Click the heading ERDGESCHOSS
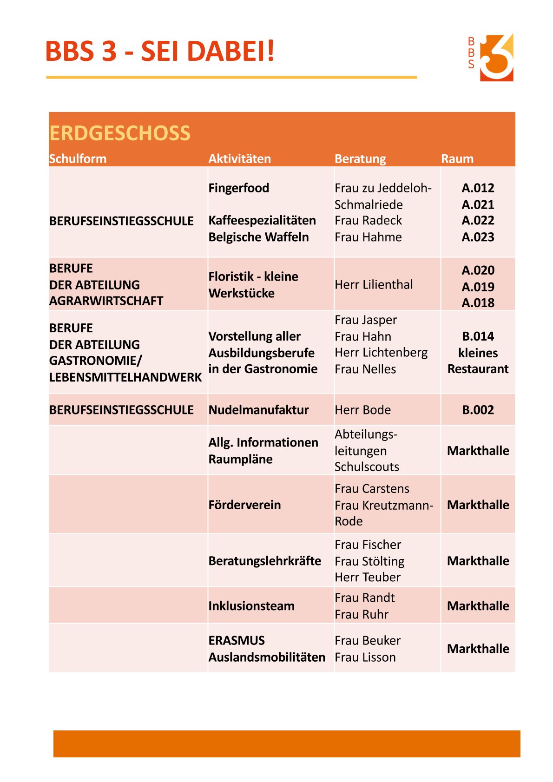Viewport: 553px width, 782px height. pos(120,133)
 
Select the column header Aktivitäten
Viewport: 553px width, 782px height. pos(239,159)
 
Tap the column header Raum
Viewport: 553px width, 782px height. pos(457,159)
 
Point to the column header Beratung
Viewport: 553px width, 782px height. pos(360,159)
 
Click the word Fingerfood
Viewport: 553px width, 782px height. pos(238,188)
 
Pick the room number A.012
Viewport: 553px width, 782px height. pos(478,188)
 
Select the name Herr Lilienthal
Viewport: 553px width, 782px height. pos(374,284)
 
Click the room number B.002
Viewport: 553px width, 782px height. pos(478,410)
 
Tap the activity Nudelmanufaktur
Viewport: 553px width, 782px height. pos(258,410)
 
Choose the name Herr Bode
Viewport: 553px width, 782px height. pos(362,410)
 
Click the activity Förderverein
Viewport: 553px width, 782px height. pos(244,505)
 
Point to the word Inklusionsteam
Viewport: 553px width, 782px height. pos(251,606)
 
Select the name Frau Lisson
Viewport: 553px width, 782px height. pos(365,657)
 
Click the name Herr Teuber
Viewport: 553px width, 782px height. pos(368,577)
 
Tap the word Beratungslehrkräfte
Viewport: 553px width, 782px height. pos(264,561)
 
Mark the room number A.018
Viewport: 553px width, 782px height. pos(478,303)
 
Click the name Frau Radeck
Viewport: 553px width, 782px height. pos(368,221)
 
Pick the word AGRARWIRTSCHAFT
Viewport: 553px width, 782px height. pos(106,301)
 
